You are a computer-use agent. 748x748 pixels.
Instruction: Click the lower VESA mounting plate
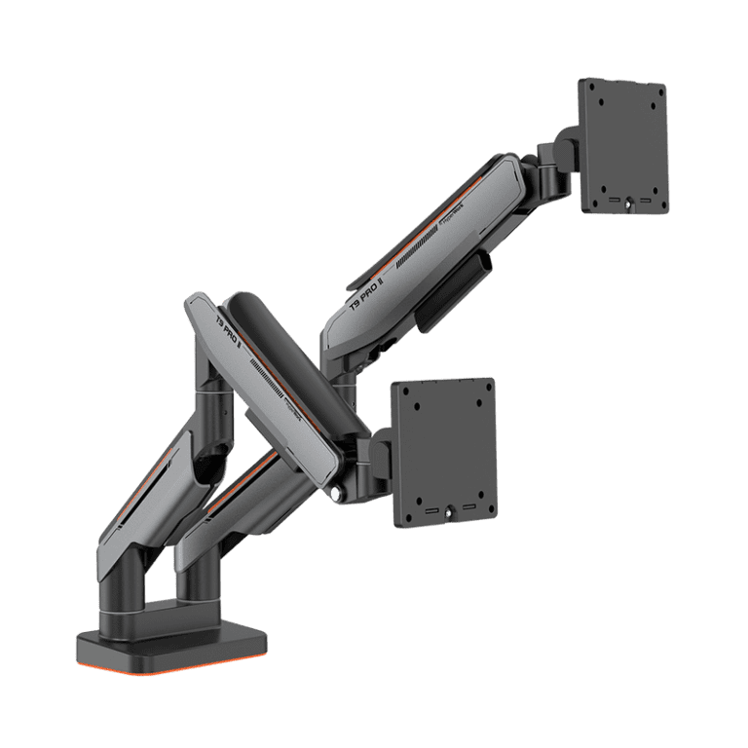click(x=444, y=452)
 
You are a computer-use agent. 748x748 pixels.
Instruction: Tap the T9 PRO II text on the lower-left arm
click(x=226, y=332)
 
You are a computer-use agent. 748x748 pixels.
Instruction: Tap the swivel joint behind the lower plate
click(x=374, y=458)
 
